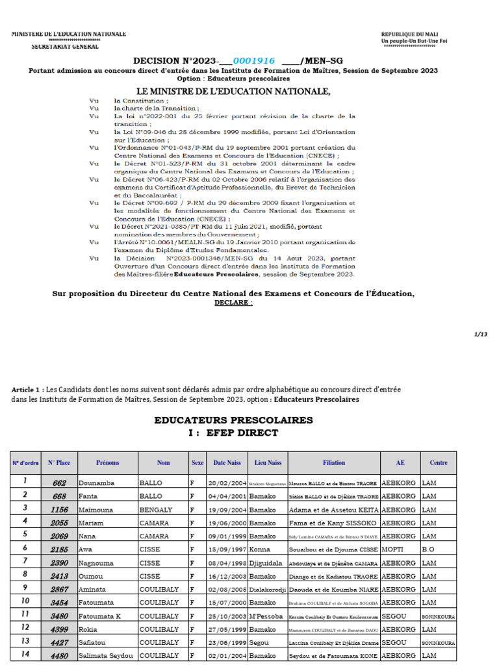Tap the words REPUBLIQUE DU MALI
coord(413,34)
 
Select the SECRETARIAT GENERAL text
coord(66,46)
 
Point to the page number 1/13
coord(481,334)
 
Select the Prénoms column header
coord(108,463)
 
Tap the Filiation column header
coord(334,463)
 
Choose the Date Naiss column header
coord(226,463)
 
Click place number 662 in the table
coord(60,483)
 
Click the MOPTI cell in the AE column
coord(394,549)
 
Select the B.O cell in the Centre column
coord(428,549)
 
